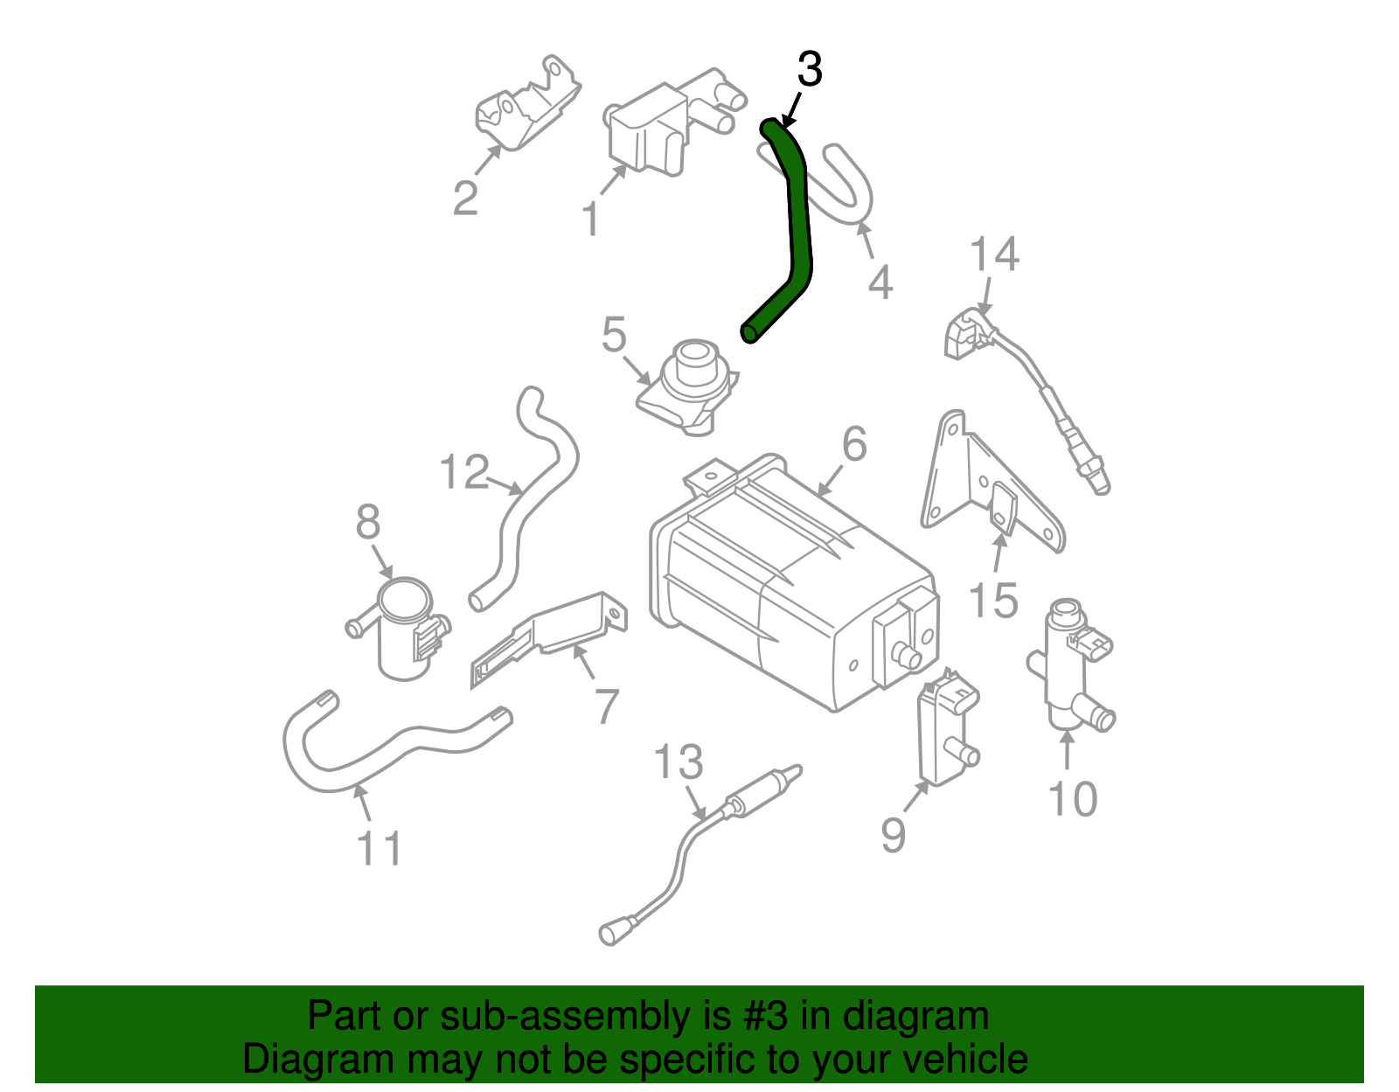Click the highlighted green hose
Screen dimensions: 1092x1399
pyautogui.click(x=797, y=227)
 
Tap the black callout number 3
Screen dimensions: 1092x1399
pyautogui.click(x=810, y=70)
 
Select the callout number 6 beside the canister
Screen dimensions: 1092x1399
pyautogui.click(x=854, y=444)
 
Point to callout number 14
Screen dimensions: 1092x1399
pyautogui.click(x=994, y=254)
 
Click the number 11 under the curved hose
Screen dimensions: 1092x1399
pyautogui.click(x=379, y=849)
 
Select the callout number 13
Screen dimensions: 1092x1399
pyautogui.click(x=679, y=762)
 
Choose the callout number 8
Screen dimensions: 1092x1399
pyautogui.click(x=368, y=523)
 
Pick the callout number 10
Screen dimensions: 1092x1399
pyautogui.click(x=1072, y=799)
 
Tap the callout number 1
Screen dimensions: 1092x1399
pyautogui.click(x=591, y=219)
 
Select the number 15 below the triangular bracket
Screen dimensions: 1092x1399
pyautogui.click(x=994, y=601)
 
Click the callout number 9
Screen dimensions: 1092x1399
pyautogui.click(x=893, y=835)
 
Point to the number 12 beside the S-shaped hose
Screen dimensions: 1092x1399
pyautogui.click(x=463, y=473)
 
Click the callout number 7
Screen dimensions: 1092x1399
pyautogui.click(x=607, y=706)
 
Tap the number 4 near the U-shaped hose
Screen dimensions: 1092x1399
pyautogui.click(x=880, y=282)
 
